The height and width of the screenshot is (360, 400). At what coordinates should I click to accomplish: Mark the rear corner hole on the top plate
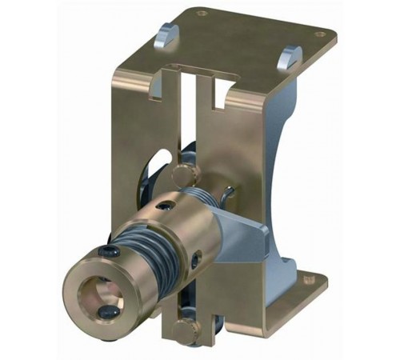click(x=202, y=13)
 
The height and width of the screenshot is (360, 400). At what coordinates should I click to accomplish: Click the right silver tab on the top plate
click(x=290, y=58)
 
